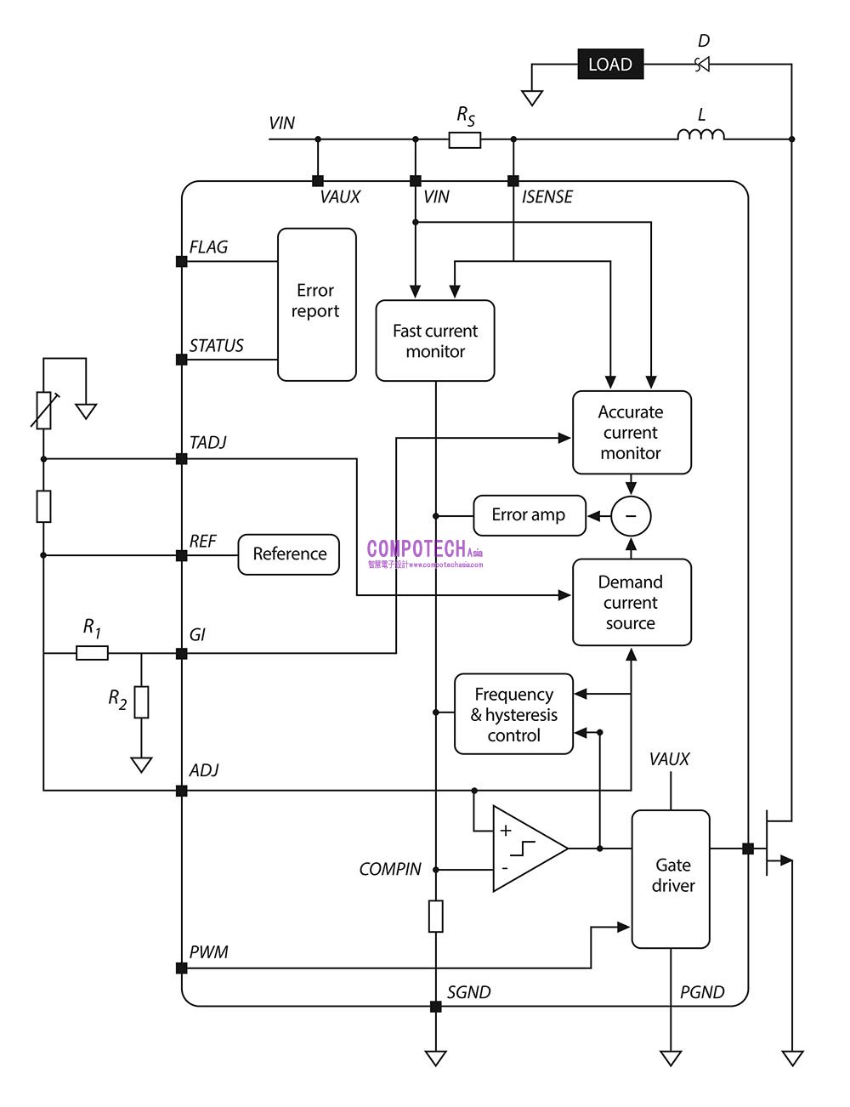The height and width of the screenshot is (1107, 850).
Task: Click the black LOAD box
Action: click(610, 65)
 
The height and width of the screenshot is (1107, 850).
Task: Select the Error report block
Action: click(316, 304)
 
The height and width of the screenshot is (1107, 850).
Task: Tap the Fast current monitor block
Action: click(435, 341)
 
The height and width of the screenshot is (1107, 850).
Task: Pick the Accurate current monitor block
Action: click(632, 433)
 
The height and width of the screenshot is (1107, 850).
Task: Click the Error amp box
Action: click(529, 515)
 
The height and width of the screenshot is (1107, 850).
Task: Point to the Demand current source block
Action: click(632, 603)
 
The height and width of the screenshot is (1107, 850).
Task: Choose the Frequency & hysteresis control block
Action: click(514, 715)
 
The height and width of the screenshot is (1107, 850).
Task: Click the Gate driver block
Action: click(671, 878)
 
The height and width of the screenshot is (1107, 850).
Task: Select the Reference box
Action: click(289, 554)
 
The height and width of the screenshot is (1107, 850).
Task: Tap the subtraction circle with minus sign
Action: click(631, 516)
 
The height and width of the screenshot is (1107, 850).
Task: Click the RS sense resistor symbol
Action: click(465, 139)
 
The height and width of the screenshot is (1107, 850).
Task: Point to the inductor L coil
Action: click(701, 134)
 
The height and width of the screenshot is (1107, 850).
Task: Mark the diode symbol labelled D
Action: click(702, 65)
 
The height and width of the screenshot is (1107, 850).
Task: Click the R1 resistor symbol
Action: click(93, 653)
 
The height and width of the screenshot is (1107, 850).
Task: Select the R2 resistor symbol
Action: click(141, 702)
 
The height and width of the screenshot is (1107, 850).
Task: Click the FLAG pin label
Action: click(208, 247)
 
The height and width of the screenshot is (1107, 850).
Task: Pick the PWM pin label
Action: click(208, 952)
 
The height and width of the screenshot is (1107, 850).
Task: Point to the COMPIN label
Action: click(390, 870)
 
